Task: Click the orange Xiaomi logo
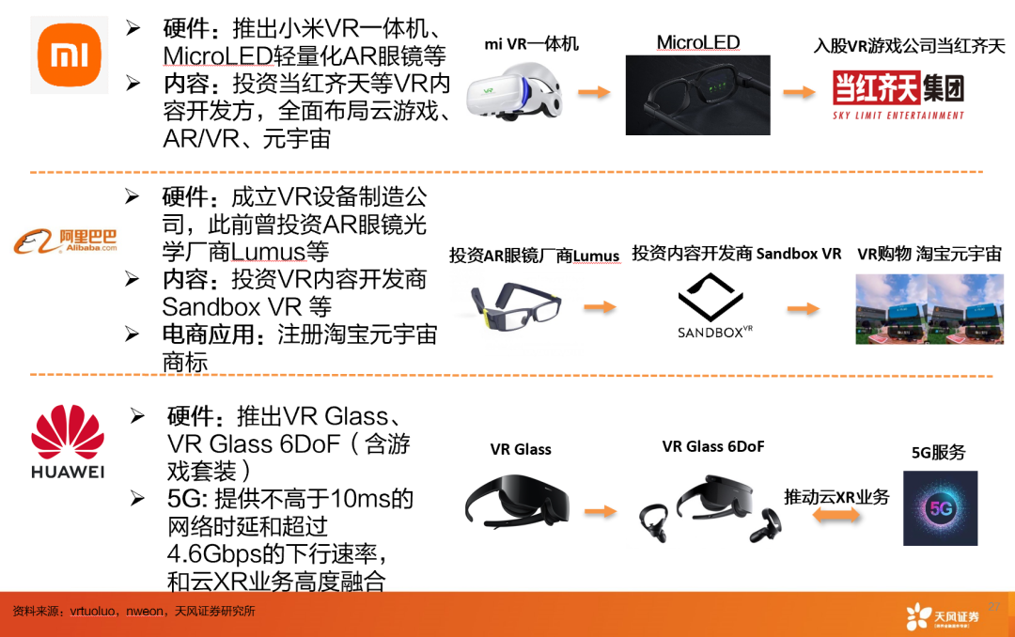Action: (70, 55)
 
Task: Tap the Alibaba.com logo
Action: (66, 242)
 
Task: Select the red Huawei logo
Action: (68, 443)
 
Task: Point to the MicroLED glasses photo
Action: (697, 94)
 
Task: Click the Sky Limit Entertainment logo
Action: (898, 95)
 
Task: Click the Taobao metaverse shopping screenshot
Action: (929, 308)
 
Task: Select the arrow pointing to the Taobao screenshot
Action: (804, 308)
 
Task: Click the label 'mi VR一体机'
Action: (532, 44)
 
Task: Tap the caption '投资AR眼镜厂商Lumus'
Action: (534, 256)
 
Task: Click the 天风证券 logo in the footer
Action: (943, 616)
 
